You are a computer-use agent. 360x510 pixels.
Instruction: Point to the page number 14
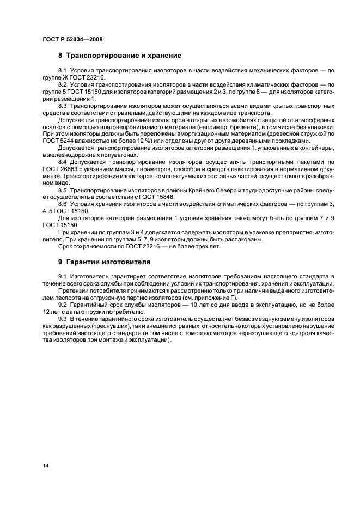pos(45,466)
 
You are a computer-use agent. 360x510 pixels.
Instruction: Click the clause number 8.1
pos(62,71)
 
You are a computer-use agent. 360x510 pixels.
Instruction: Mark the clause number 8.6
pos(62,203)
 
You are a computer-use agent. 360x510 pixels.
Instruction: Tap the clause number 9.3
pos(62,318)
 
